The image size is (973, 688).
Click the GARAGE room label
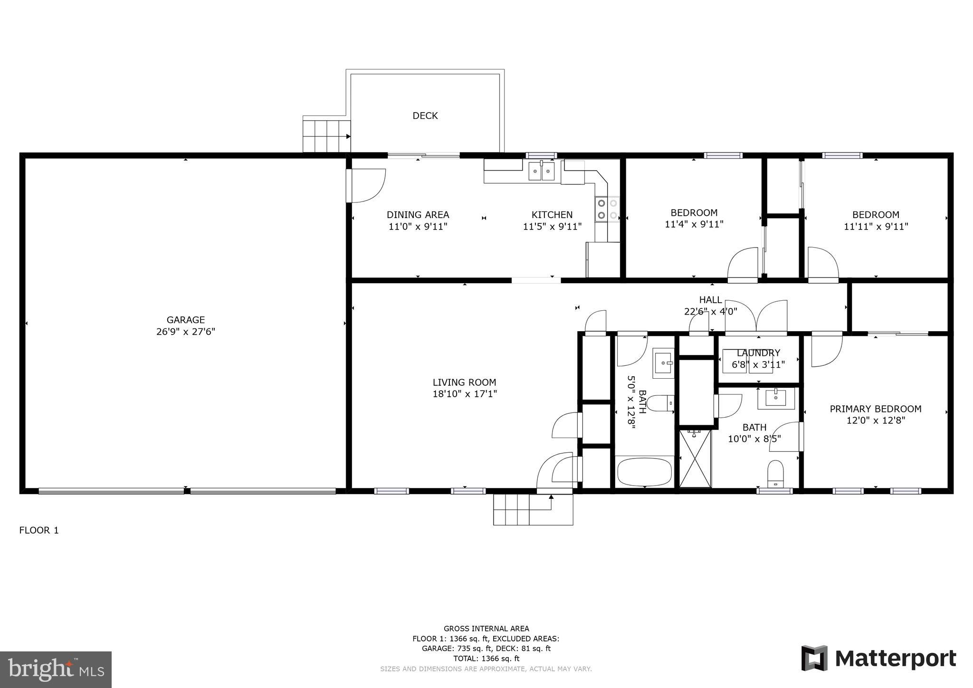tap(185, 320)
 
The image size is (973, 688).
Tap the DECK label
tap(425, 115)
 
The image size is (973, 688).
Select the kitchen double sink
tap(542, 171)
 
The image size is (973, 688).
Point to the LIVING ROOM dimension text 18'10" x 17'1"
tap(464, 394)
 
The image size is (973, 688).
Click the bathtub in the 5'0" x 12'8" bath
tap(644, 471)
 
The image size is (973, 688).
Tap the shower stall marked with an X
tap(695, 458)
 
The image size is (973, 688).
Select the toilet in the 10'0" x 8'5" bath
tap(775, 473)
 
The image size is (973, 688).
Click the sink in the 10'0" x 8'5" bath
tap(775, 397)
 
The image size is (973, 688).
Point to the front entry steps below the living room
tap(533, 509)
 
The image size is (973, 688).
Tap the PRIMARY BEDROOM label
tap(875, 409)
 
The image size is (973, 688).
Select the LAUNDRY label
tap(758, 353)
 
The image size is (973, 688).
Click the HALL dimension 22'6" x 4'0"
tap(710, 312)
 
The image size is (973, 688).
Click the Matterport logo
tap(878, 659)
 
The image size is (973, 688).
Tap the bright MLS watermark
tap(56, 669)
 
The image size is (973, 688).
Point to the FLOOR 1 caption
tap(39, 530)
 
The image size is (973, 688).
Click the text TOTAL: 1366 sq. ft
tap(486, 659)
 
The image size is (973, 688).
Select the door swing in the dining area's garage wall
tap(367, 185)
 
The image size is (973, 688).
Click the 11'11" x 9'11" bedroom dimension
tap(876, 227)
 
